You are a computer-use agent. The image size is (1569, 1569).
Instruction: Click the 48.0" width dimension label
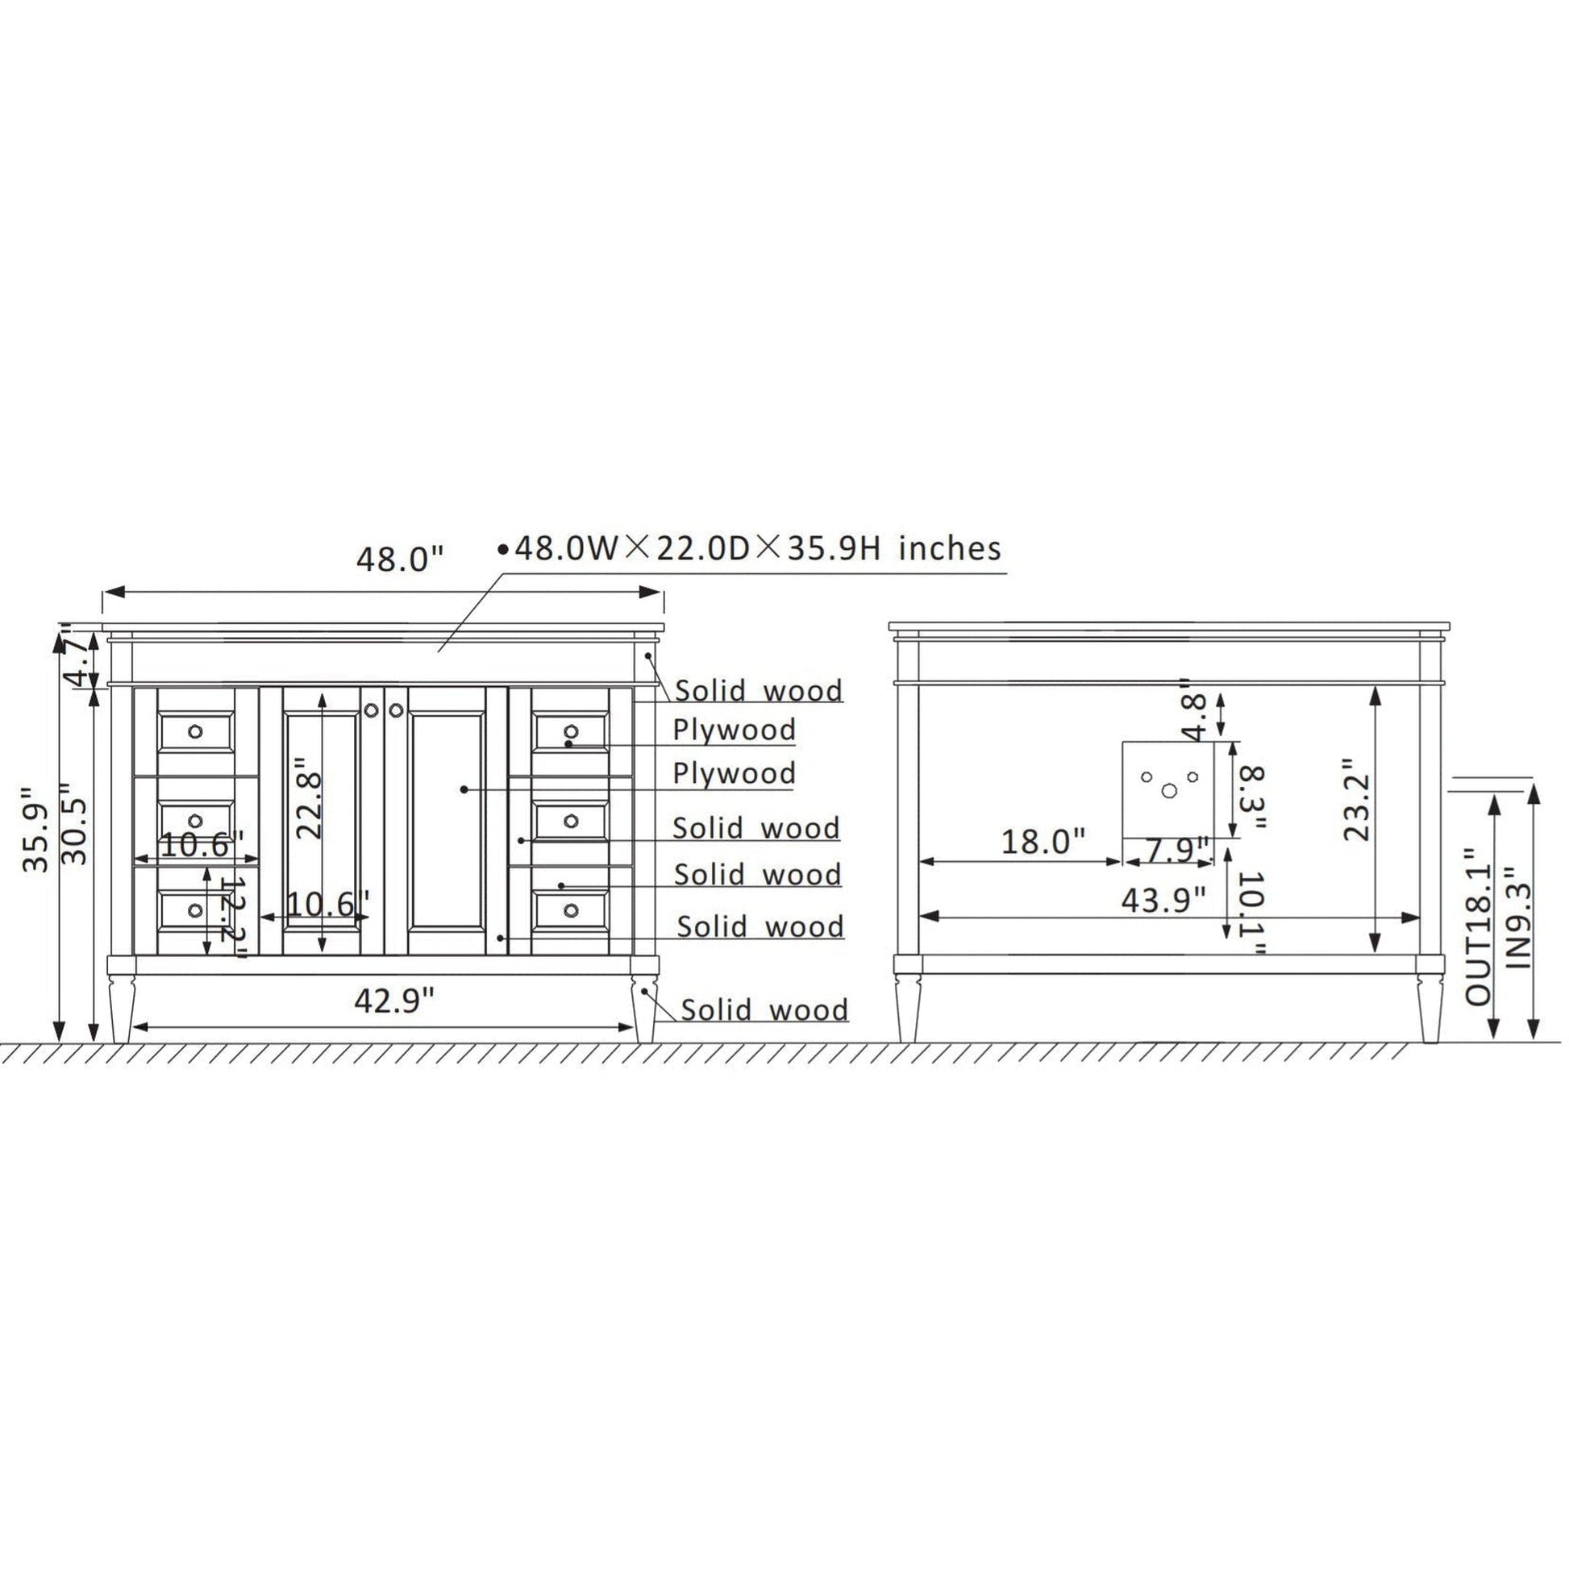coord(401,560)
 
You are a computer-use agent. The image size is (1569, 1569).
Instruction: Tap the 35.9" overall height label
coord(38,828)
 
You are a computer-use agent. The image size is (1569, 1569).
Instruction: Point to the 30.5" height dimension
coord(74,822)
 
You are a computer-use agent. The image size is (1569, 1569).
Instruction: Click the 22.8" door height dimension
coord(310,799)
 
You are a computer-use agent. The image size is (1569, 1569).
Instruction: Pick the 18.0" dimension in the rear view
coord(1043,842)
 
